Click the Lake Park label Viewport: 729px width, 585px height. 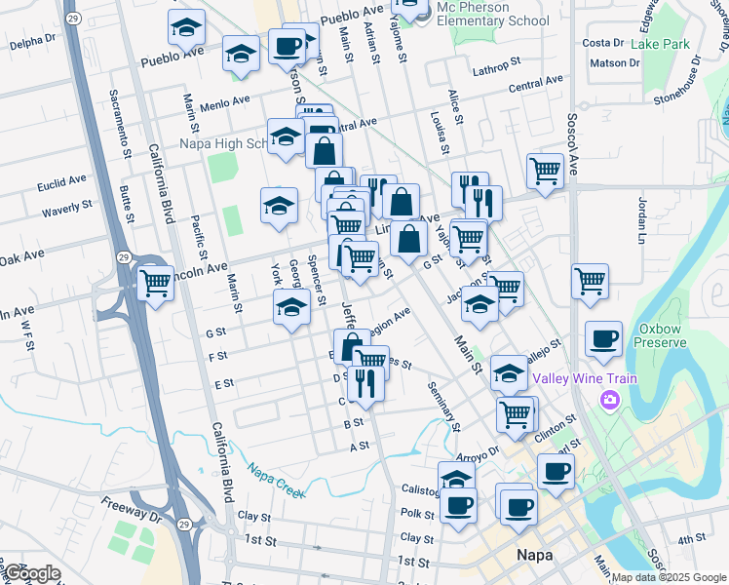[x=660, y=44]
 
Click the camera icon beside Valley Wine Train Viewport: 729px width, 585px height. [x=611, y=399]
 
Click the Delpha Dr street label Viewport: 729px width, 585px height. [x=32, y=44]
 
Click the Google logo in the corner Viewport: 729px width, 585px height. [x=33, y=573]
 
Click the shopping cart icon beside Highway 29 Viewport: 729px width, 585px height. [x=156, y=284]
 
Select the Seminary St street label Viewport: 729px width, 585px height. [x=443, y=404]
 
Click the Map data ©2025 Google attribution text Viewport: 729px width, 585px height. [x=669, y=577]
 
